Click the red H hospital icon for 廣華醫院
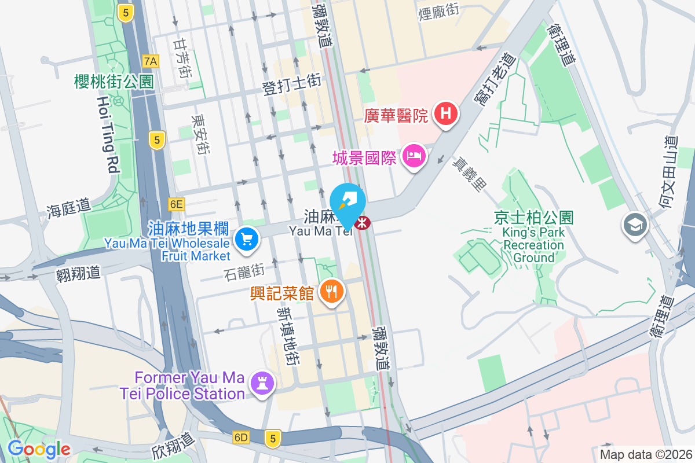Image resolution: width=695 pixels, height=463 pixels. (445, 113)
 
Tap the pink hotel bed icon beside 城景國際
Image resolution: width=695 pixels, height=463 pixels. (414, 156)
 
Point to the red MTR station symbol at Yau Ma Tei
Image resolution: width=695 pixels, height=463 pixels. (363, 222)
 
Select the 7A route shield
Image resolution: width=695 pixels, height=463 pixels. (151, 60)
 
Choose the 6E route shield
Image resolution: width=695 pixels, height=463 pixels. (176, 204)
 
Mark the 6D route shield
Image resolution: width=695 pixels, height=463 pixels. (242, 438)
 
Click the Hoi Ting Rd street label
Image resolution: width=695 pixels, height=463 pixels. (108, 134)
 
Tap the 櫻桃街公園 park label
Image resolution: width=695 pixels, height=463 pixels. (114, 82)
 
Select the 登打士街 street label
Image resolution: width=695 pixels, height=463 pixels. (292, 85)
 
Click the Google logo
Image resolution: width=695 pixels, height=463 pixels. (38, 449)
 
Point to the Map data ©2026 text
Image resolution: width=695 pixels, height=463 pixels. (646, 454)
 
